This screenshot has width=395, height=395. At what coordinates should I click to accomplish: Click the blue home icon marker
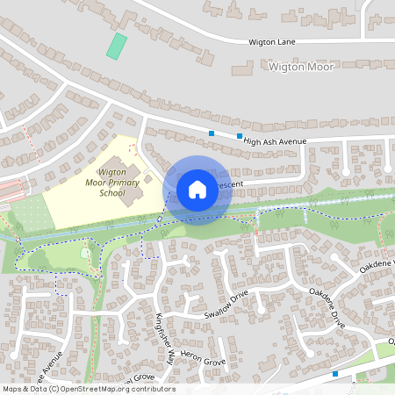[197, 189]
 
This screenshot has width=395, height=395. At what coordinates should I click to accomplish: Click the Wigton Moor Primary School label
[113, 182]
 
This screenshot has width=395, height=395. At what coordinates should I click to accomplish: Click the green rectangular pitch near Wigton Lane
[117, 46]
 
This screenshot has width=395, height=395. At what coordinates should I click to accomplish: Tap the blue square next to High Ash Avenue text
[240, 136]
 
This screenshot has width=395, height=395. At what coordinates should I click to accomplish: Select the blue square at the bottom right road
[335, 373]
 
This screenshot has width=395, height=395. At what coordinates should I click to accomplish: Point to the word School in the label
[112, 193]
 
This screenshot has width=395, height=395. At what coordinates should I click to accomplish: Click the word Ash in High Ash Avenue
[269, 140]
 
